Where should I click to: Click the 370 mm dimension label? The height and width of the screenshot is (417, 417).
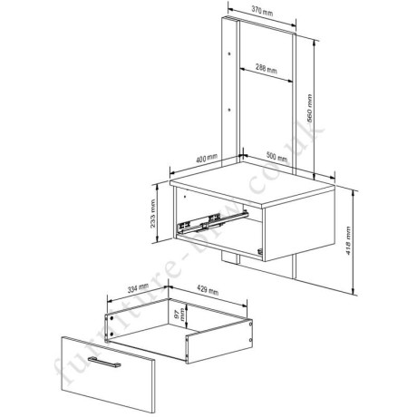pyautogui.click(x=261, y=12)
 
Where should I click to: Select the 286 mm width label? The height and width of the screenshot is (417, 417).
pyautogui.click(x=267, y=67)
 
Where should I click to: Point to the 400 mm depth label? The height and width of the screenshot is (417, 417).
pyautogui.click(x=206, y=160)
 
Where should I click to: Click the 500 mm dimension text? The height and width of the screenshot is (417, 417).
pyautogui.click(x=276, y=160)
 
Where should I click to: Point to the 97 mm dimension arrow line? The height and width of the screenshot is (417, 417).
pyautogui.click(x=173, y=316)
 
